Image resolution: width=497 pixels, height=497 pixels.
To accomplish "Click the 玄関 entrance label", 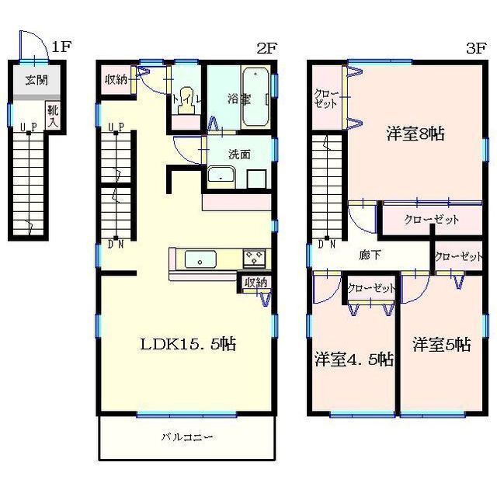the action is pyautogui.click(x=36, y=81).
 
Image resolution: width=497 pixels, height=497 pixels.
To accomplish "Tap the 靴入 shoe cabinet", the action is pyautogui.click(x=53, y=115).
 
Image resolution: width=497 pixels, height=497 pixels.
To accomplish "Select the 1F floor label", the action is pyautogui.click(x=62, y=47).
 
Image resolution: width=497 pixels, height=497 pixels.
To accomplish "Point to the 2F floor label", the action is pyautogui.click(x=266, y=48).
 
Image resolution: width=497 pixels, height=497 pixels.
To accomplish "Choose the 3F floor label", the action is pyautogui.click(x=476, y=48).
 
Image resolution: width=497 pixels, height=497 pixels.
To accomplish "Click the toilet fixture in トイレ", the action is pyautogui.click(x=187, y=100).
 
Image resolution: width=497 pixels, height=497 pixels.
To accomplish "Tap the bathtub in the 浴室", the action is pyautogui.click(x=255, y=98).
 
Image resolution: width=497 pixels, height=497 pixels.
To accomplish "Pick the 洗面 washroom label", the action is pyautogui.click(x=239, y=155).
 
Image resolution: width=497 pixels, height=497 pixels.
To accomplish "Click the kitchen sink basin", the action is pyautogui.click(x=200, y=259).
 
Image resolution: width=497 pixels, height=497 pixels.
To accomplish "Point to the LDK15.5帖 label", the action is pyautogui.click(x=188, y=343).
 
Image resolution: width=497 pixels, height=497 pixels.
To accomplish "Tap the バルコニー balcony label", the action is pyautogui.click(x=187, y=437).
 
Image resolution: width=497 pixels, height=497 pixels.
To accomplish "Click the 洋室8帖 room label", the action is pyautogui.click(x=415, y=134).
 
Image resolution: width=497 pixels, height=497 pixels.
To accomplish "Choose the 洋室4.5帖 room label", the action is pyautogui.click(x=354, y=360).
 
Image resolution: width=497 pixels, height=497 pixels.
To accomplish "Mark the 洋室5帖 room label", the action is pyautogui.click(x=442, y=345).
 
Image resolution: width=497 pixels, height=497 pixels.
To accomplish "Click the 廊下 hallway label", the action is pyautogui.click(x=370, y=255).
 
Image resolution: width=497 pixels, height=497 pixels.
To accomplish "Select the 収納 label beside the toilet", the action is pyautogui.click(x=116, y=80).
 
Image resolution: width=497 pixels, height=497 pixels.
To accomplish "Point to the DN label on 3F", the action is pyautogui.click(x=327, y=245).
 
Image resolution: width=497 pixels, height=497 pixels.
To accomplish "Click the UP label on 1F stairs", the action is pyautogui.click(x=29, y=127).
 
